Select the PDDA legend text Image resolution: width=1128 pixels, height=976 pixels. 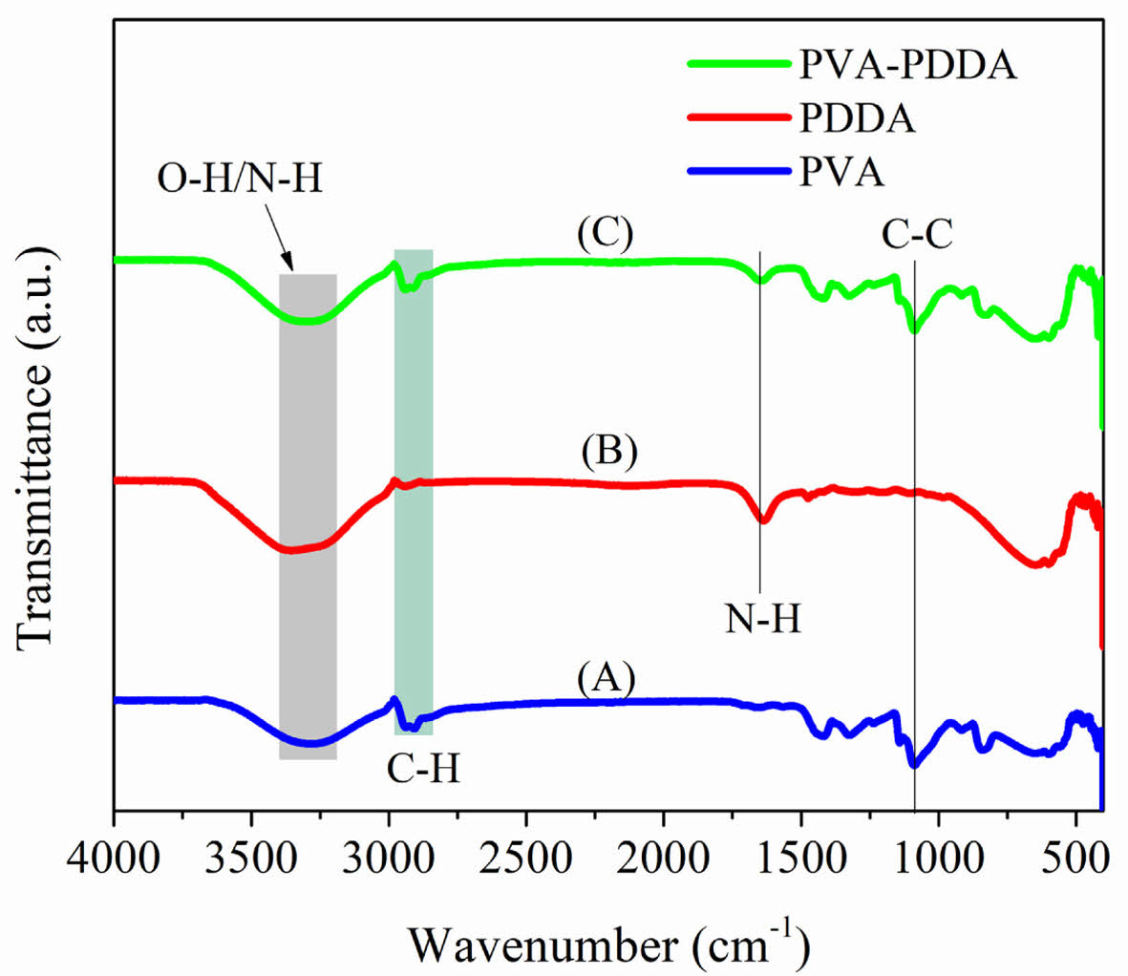point(857,120)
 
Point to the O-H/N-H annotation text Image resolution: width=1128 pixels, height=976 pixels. point(240,179)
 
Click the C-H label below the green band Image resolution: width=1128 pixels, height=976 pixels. point(423,769)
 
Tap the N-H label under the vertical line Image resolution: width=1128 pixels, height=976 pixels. point(762,620)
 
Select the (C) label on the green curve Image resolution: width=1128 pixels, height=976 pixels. point(605,235)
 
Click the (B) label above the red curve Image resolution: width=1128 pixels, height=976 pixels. point(608,453)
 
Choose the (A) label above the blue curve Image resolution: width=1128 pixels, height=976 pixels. point(606,679)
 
